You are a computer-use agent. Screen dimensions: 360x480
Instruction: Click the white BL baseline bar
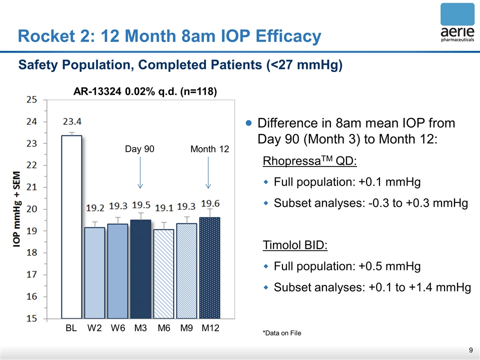tap(71, 227)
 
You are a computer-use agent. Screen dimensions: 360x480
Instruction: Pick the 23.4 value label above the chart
tap(72, 121)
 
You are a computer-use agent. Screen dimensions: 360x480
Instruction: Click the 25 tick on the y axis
tap(31, 99)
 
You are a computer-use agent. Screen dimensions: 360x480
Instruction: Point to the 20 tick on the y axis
tap(31, 209)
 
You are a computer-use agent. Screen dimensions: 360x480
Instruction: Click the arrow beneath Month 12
tap(208, 172)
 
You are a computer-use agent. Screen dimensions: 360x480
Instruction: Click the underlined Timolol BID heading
tap(295, 245)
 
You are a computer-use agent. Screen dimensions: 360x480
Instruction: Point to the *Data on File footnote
tap(281, 333)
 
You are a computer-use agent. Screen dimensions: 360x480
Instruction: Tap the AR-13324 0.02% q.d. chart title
tap(145, 92)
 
